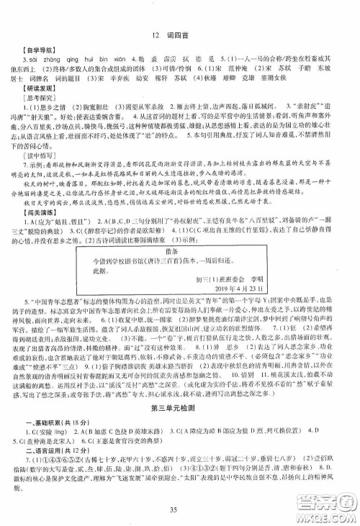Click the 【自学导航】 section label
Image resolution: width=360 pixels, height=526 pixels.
(x=39, y=55)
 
